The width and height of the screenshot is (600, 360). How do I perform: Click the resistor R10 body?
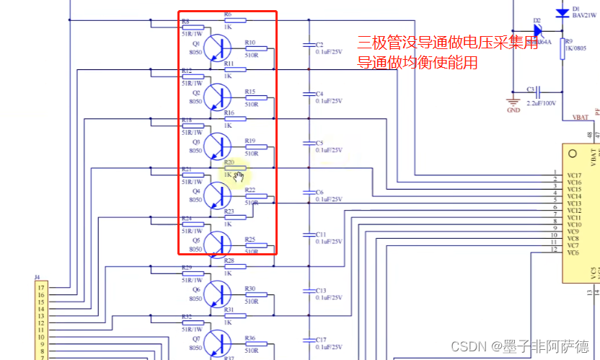coord(256,49)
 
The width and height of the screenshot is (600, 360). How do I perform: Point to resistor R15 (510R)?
coord(256,98)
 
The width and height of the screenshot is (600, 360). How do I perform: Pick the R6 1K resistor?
coord(235,21)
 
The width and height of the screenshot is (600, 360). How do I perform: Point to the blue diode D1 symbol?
coord(562,13)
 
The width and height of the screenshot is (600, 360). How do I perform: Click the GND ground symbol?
coord(513,101)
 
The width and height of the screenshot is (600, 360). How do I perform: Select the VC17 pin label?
coord(574,175)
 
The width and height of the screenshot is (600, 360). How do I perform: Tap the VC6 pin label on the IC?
coord(574,253)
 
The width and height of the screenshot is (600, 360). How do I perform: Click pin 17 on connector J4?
coord(41,287)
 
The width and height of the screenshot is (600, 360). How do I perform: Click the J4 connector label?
coord(37,277)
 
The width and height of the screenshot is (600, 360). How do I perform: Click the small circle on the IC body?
coord(573,154)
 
